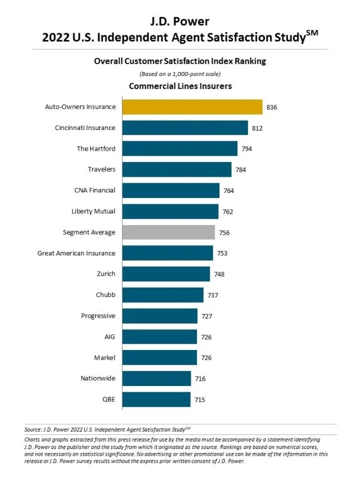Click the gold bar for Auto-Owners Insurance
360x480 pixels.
[x=192, y=107]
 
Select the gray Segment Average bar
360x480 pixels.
[x=168, y=232]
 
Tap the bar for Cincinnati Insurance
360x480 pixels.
[x=184, y=128]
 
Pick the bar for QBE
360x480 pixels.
[x=156, y=400]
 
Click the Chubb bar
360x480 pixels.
[x=163, y=295]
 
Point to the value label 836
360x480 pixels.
[x=272, y=107]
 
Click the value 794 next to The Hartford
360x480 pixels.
[x=247, y=149]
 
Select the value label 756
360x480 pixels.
[x=224, y=232]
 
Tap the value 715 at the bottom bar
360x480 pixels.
[x=200, y=400]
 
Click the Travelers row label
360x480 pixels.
[x=101, y=169]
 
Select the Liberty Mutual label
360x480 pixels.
[x=93, y=211]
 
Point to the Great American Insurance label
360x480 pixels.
[x=76, y=253]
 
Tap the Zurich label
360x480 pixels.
[x=106, y=274]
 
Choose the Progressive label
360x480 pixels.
[x=98, y=316]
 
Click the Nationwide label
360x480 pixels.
[x=98, y=379]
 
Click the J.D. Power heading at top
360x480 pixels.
[x=180, y=22]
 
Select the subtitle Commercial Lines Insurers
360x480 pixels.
[x=180, y=86]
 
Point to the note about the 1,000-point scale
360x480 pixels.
[x=180, y=74]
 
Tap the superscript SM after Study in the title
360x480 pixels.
[x=312, y=33]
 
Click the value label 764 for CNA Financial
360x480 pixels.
[x=228, y=191]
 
